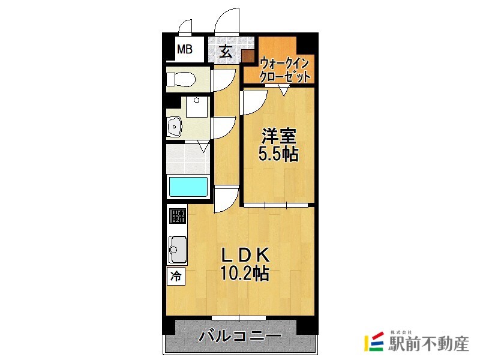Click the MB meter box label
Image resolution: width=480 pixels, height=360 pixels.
[185, 50]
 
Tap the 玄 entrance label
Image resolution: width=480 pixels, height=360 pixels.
[226, 51]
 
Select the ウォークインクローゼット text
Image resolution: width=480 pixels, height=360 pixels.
[285, 69]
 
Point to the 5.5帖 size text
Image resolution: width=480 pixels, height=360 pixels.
[278, 154]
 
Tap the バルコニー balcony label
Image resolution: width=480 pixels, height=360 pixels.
[239, 336]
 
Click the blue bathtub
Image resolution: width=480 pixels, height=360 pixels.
[188, 187]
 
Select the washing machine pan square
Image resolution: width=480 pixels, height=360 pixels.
[196, 107]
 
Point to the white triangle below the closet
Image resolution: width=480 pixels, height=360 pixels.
[284, 91]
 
